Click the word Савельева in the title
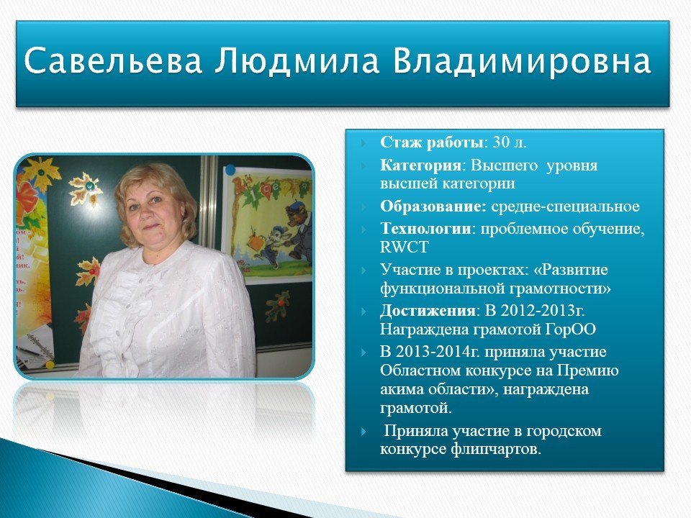point(113,60)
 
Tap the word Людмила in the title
point(297,60)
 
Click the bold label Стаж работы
point(432,142)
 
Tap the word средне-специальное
point(565,206)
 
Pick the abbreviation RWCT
point(404,247)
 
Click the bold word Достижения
point(428,311)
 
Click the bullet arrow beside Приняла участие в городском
point(363,431)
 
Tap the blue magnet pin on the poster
point(230,170)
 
